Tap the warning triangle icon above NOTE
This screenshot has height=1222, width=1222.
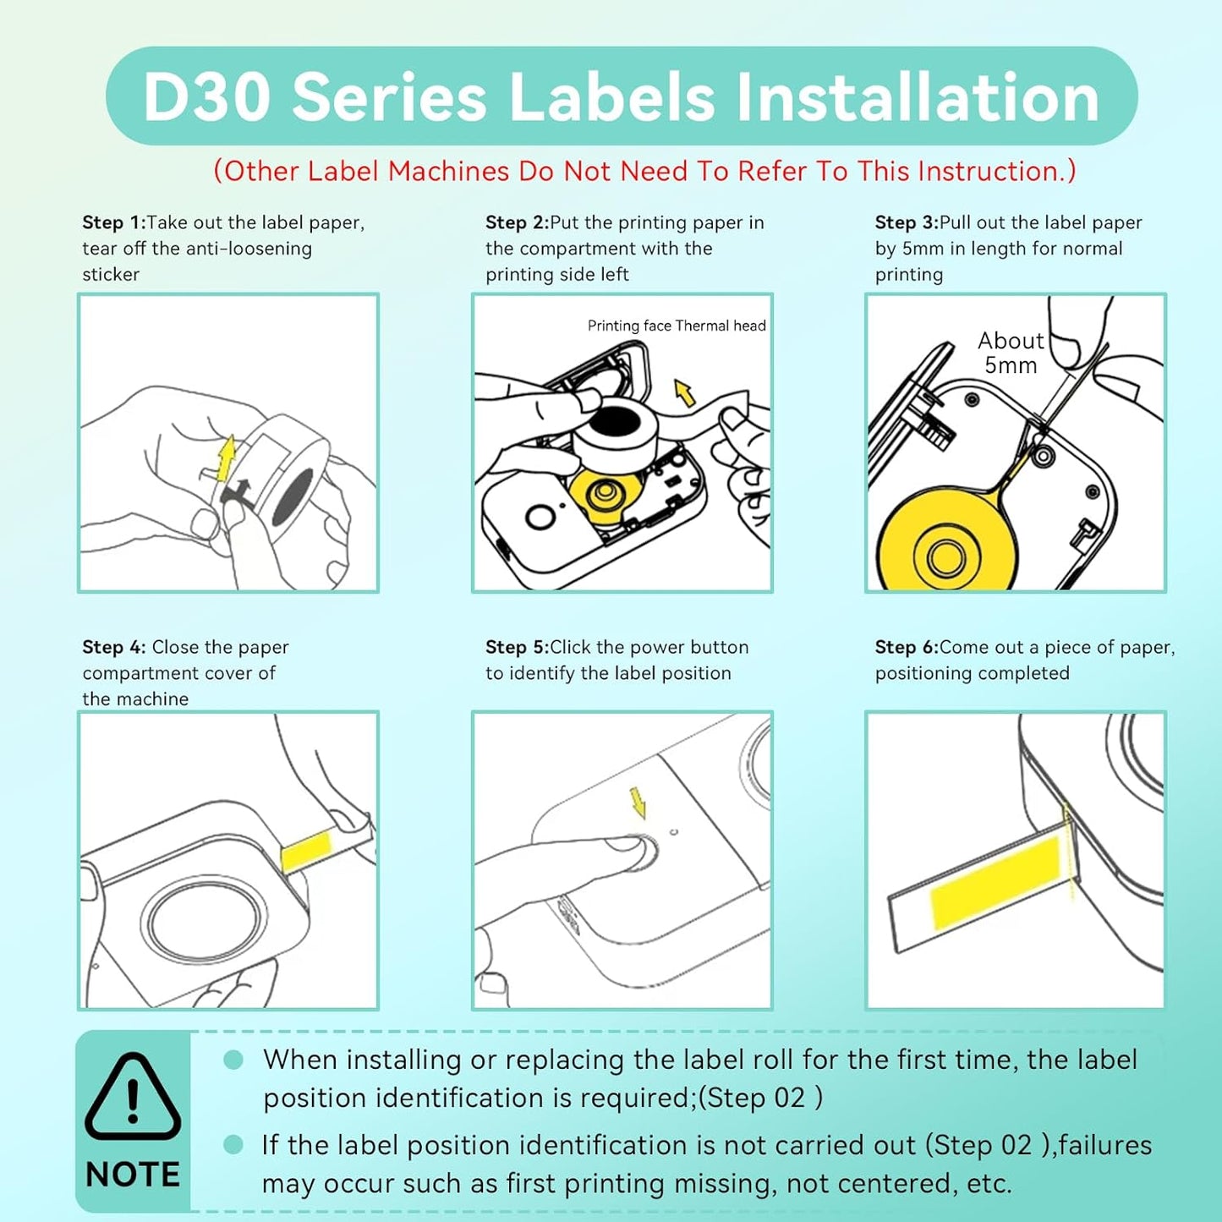(133, 1096)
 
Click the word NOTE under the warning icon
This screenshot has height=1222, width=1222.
(133, 1175)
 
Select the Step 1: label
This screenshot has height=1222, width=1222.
(113, 223)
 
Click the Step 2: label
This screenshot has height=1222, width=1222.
(517, 223)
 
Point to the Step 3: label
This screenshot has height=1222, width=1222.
(907, 223)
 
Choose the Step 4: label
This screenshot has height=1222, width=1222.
(113, 648)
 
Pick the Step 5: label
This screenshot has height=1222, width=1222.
(517, 648)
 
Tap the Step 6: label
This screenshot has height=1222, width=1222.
(907, 648)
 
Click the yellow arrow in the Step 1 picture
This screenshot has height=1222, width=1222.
(226, 458)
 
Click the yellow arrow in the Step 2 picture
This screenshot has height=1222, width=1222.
(684, 392)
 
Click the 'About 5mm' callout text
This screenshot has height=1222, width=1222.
(1011, 353)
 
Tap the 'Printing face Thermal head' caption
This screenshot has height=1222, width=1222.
(677, 326)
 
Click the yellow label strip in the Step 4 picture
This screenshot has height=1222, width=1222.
(306, 851)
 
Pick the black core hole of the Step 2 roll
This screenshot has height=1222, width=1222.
(615, 419)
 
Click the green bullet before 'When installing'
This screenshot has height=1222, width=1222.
(233, 1060)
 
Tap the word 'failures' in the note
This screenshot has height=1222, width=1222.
(1104, 1146)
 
